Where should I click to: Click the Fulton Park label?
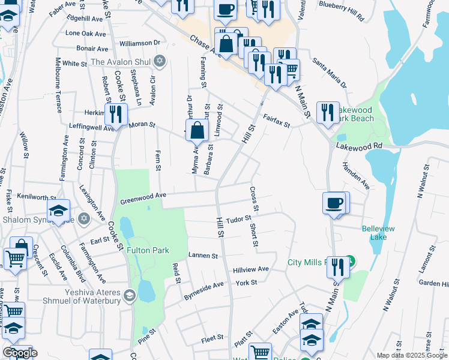click(147, 250)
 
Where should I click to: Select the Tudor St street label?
click(237, 220)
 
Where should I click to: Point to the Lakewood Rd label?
click(359, 146)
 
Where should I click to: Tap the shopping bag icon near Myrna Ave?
click(197, 130)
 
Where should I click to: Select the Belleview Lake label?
click(378, 233)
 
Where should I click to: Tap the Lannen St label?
click(203, 256)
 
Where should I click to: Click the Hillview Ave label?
click(251, 269)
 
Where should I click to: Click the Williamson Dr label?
click(140, 43)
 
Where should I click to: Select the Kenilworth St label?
click(36, 197)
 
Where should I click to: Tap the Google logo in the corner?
click(19, 353)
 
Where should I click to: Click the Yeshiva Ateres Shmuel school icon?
click(129, 294)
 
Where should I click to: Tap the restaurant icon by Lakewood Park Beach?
click(327, 112)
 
